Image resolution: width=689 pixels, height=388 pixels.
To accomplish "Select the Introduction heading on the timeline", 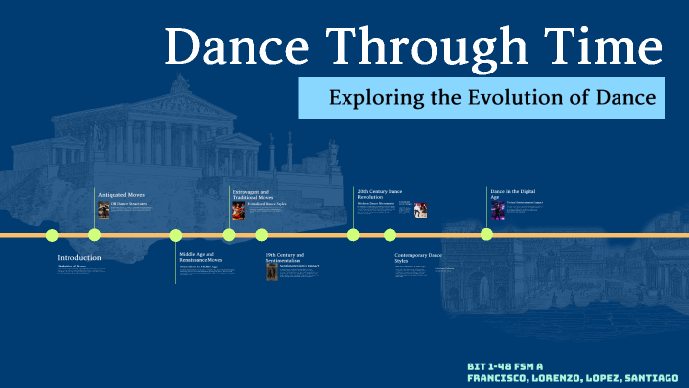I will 79,258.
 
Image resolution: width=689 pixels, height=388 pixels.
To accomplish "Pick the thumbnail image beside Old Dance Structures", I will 104,210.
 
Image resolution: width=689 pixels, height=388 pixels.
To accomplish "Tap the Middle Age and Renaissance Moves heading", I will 207,257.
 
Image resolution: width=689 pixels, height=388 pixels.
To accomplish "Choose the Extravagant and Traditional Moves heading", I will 252,194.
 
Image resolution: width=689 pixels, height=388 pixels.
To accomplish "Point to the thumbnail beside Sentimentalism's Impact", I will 272,270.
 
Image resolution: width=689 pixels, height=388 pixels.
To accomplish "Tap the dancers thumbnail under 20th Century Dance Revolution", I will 420,210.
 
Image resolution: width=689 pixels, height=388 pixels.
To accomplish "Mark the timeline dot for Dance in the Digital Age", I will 486,234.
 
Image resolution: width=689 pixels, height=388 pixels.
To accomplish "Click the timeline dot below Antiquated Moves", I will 94,234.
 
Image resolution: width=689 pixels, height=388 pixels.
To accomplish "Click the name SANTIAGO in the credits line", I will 647,377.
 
